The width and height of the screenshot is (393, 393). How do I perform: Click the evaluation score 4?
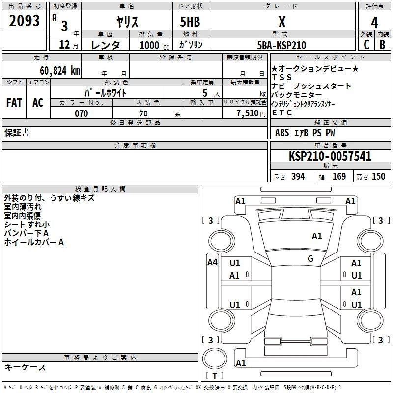click(x=374, y=22)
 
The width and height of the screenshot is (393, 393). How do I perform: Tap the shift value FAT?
click(x=14, y=102)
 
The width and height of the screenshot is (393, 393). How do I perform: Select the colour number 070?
click(x=81, y=113)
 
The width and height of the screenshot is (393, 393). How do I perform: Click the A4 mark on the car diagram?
click(x=212, y=262)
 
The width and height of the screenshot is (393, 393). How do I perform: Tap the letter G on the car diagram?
click(x=310, y=259)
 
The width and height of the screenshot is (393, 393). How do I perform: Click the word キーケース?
click(x=25, y=367)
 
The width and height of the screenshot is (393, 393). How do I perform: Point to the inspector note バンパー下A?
click(x=27, y=233)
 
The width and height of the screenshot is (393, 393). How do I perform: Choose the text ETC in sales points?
click(x=281, y=113)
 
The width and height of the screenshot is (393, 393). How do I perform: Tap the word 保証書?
click(x=17, y=133)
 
